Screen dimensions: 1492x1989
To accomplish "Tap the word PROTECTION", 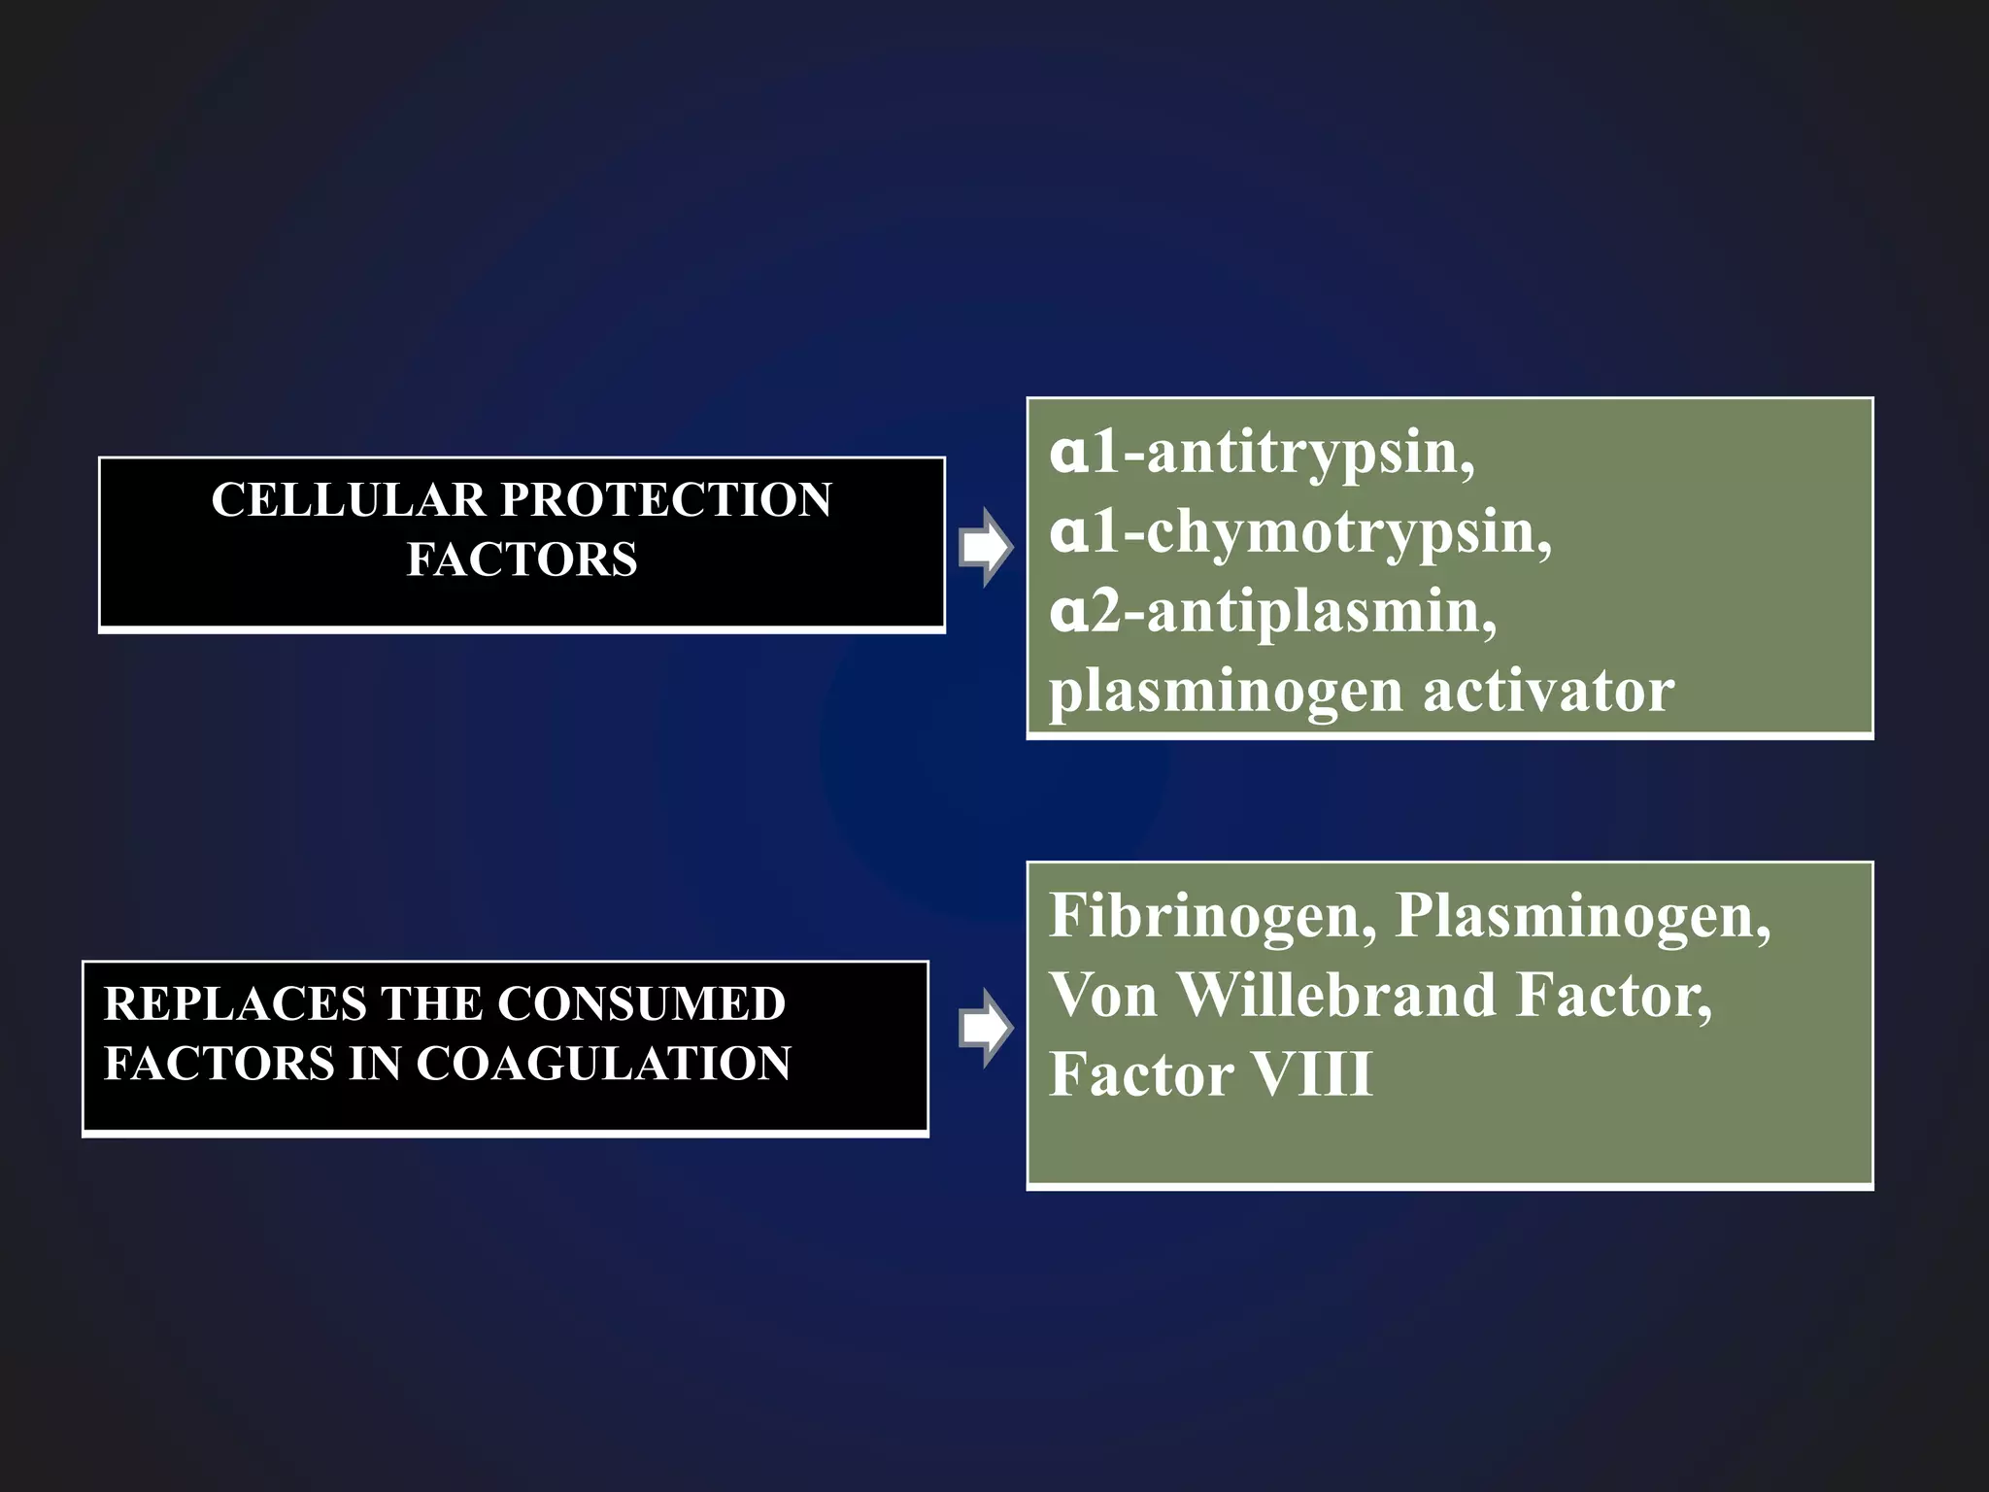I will click(665, 500).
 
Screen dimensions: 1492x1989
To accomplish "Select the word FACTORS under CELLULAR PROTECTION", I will click(522, 559).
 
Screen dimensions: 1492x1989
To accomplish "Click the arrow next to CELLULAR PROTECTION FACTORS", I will click(985, 547).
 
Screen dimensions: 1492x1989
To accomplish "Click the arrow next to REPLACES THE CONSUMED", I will click(985, 1028).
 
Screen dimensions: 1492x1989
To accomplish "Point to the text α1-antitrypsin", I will click(1262, 453).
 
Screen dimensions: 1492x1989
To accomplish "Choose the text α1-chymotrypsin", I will click(1299, 532).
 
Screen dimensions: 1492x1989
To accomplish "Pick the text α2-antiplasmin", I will click(1272, 613).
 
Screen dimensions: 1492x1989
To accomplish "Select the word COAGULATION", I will click(603, 1063).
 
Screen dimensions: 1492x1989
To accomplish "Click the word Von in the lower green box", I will click(1102, 995).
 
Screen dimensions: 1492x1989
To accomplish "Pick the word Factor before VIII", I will click(1141, 1074).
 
